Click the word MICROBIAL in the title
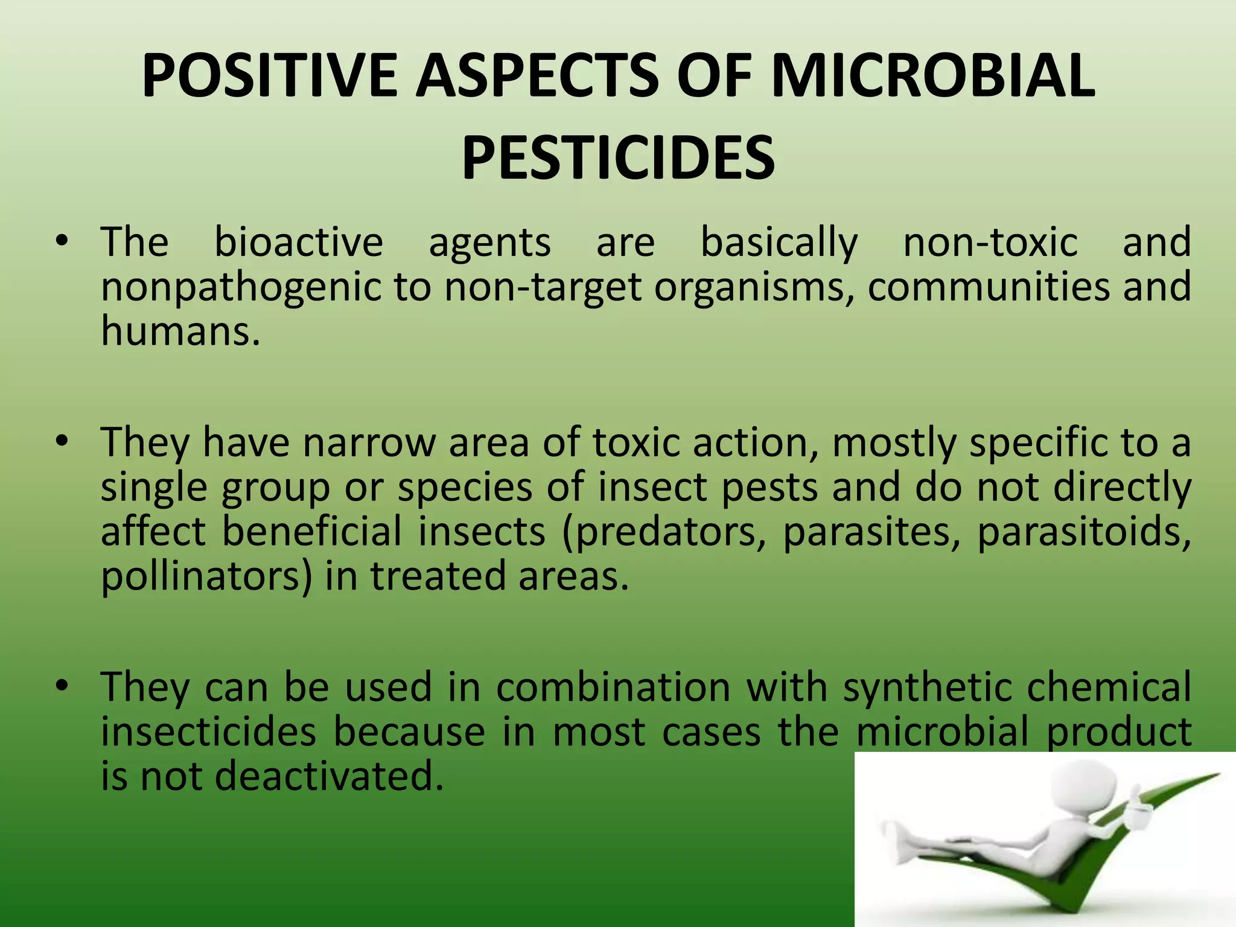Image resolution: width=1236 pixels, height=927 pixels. click(932, 77)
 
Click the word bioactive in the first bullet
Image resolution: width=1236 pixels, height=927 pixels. click(299, 243)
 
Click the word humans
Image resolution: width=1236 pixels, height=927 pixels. click(180, 331)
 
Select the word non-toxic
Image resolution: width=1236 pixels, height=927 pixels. click(990, 243)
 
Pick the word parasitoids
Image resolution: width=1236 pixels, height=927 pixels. click(1083, 532)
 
